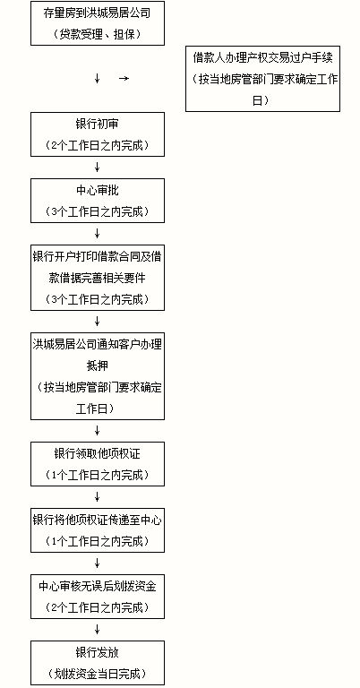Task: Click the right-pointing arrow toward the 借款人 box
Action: pos(124,79)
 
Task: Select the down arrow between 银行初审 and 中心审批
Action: pos(98,168)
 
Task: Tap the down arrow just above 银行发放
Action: pos(98,629)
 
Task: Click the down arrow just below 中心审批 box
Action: pos(98,234)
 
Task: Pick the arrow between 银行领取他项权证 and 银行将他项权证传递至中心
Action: pos(98,496)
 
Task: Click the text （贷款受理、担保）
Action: pos(98,35)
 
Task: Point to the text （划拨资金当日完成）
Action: pos(98,674)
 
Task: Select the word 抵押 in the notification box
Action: pos(98,365)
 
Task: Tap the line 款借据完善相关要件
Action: pos(98,278)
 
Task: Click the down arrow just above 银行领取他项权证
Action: pos(98,430)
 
